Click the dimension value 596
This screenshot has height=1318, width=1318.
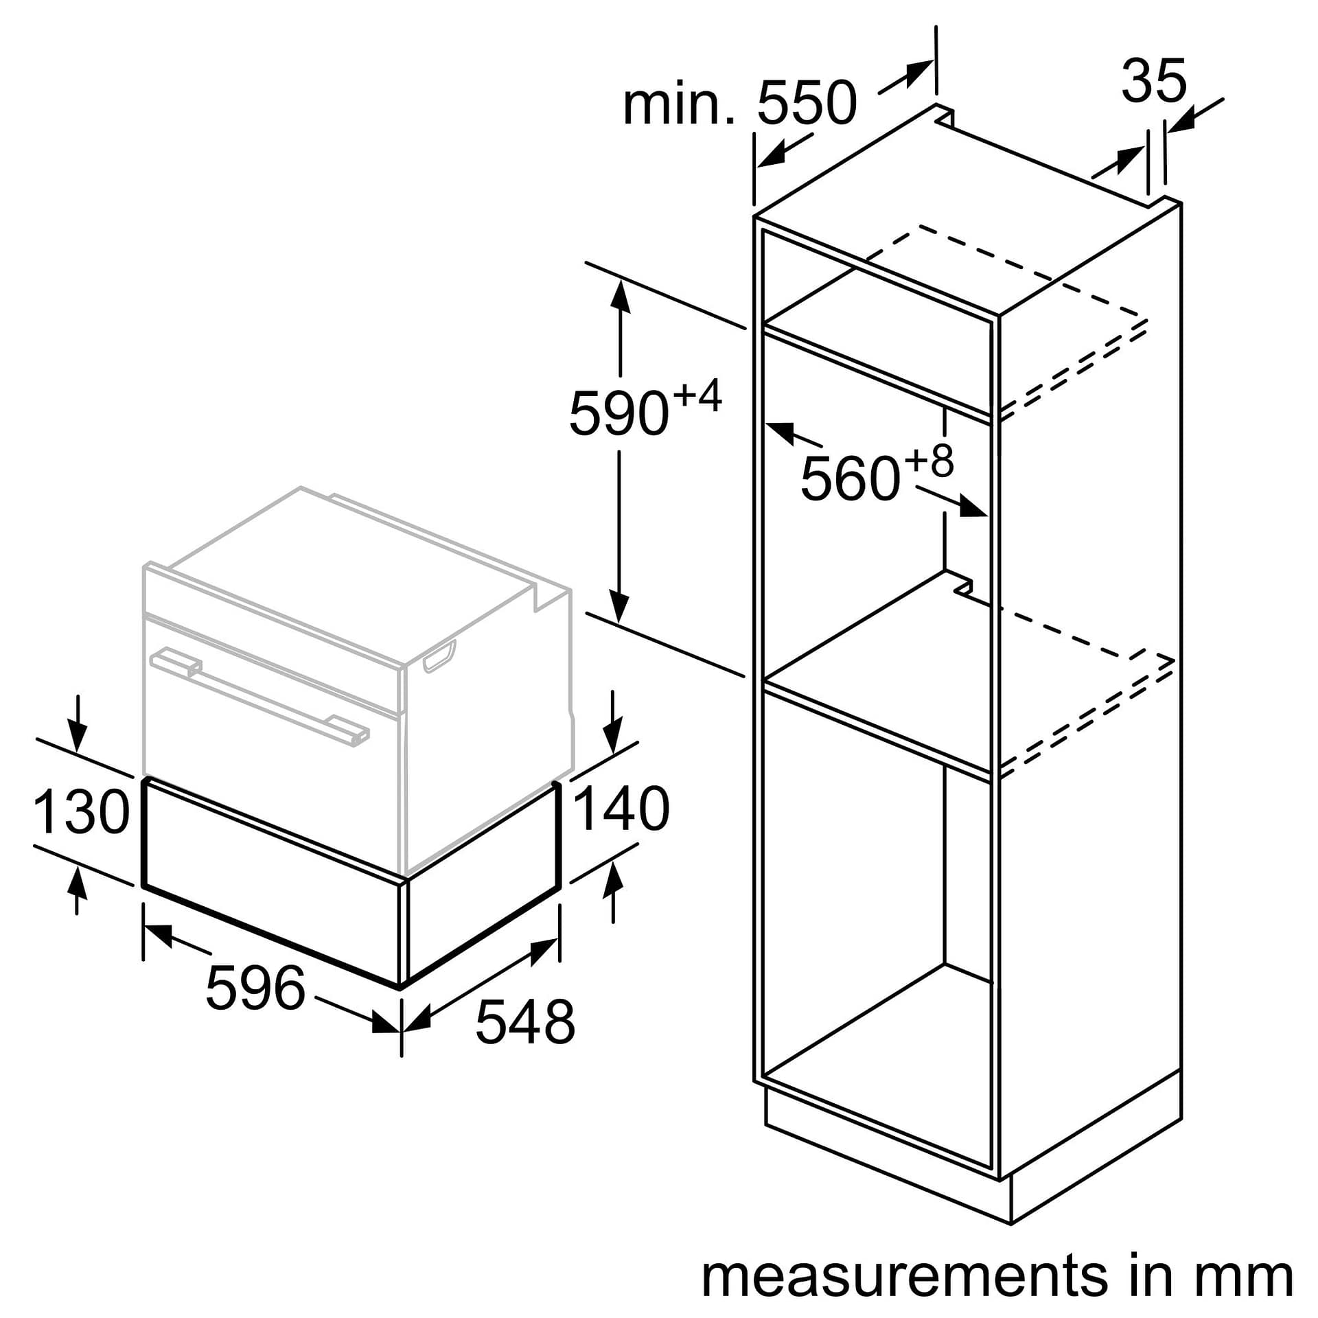coord(255,988)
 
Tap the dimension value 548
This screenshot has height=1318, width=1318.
coord(524,1022)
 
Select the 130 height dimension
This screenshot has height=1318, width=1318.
coord(81,812)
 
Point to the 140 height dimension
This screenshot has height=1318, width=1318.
coord(621,809)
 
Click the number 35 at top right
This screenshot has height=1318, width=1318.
coord(1153,81)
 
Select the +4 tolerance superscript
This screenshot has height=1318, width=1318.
coord(697,396)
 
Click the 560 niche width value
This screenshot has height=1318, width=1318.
coord(850,478)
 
